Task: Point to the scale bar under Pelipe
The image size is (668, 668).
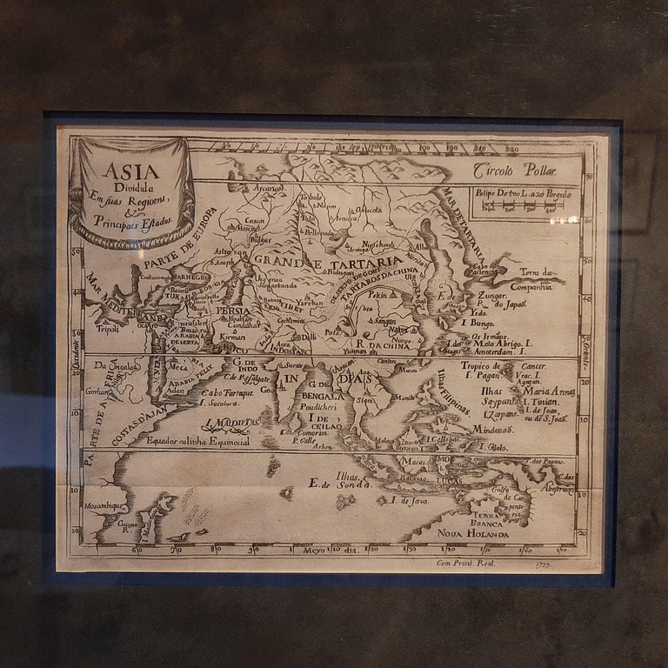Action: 521,207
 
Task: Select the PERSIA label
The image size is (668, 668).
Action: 233,311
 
